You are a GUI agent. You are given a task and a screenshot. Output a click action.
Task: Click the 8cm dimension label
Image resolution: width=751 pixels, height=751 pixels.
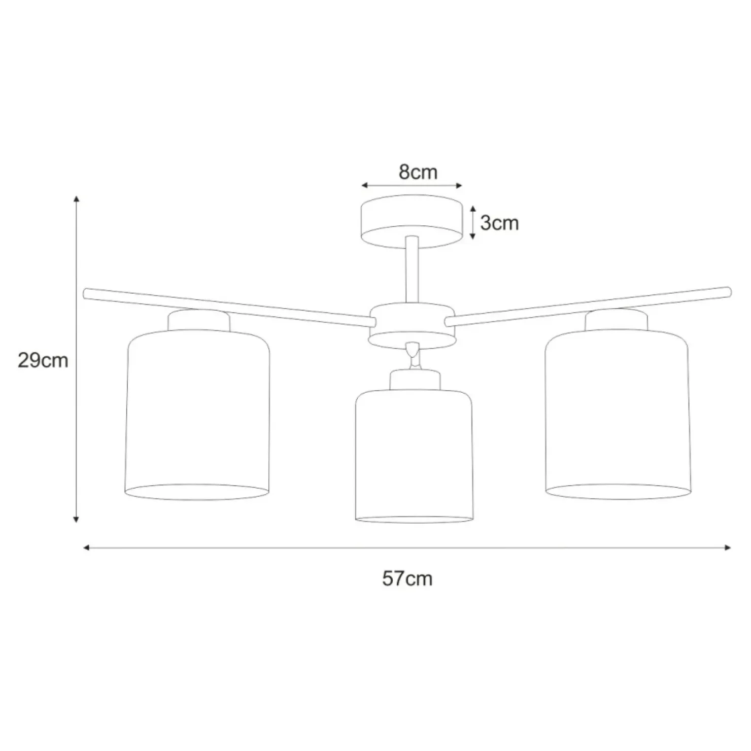(x=418, y=172)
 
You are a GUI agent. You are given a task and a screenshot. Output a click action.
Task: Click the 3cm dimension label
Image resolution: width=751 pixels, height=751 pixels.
(x=499, y=223)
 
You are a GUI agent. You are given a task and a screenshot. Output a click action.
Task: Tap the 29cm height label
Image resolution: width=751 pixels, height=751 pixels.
(x=43, y=360)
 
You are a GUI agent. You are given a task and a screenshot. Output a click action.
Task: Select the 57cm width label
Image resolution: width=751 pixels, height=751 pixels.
(x=407, y=578)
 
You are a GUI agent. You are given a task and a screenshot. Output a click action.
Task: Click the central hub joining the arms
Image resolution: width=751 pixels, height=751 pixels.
(x=412, y=326)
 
